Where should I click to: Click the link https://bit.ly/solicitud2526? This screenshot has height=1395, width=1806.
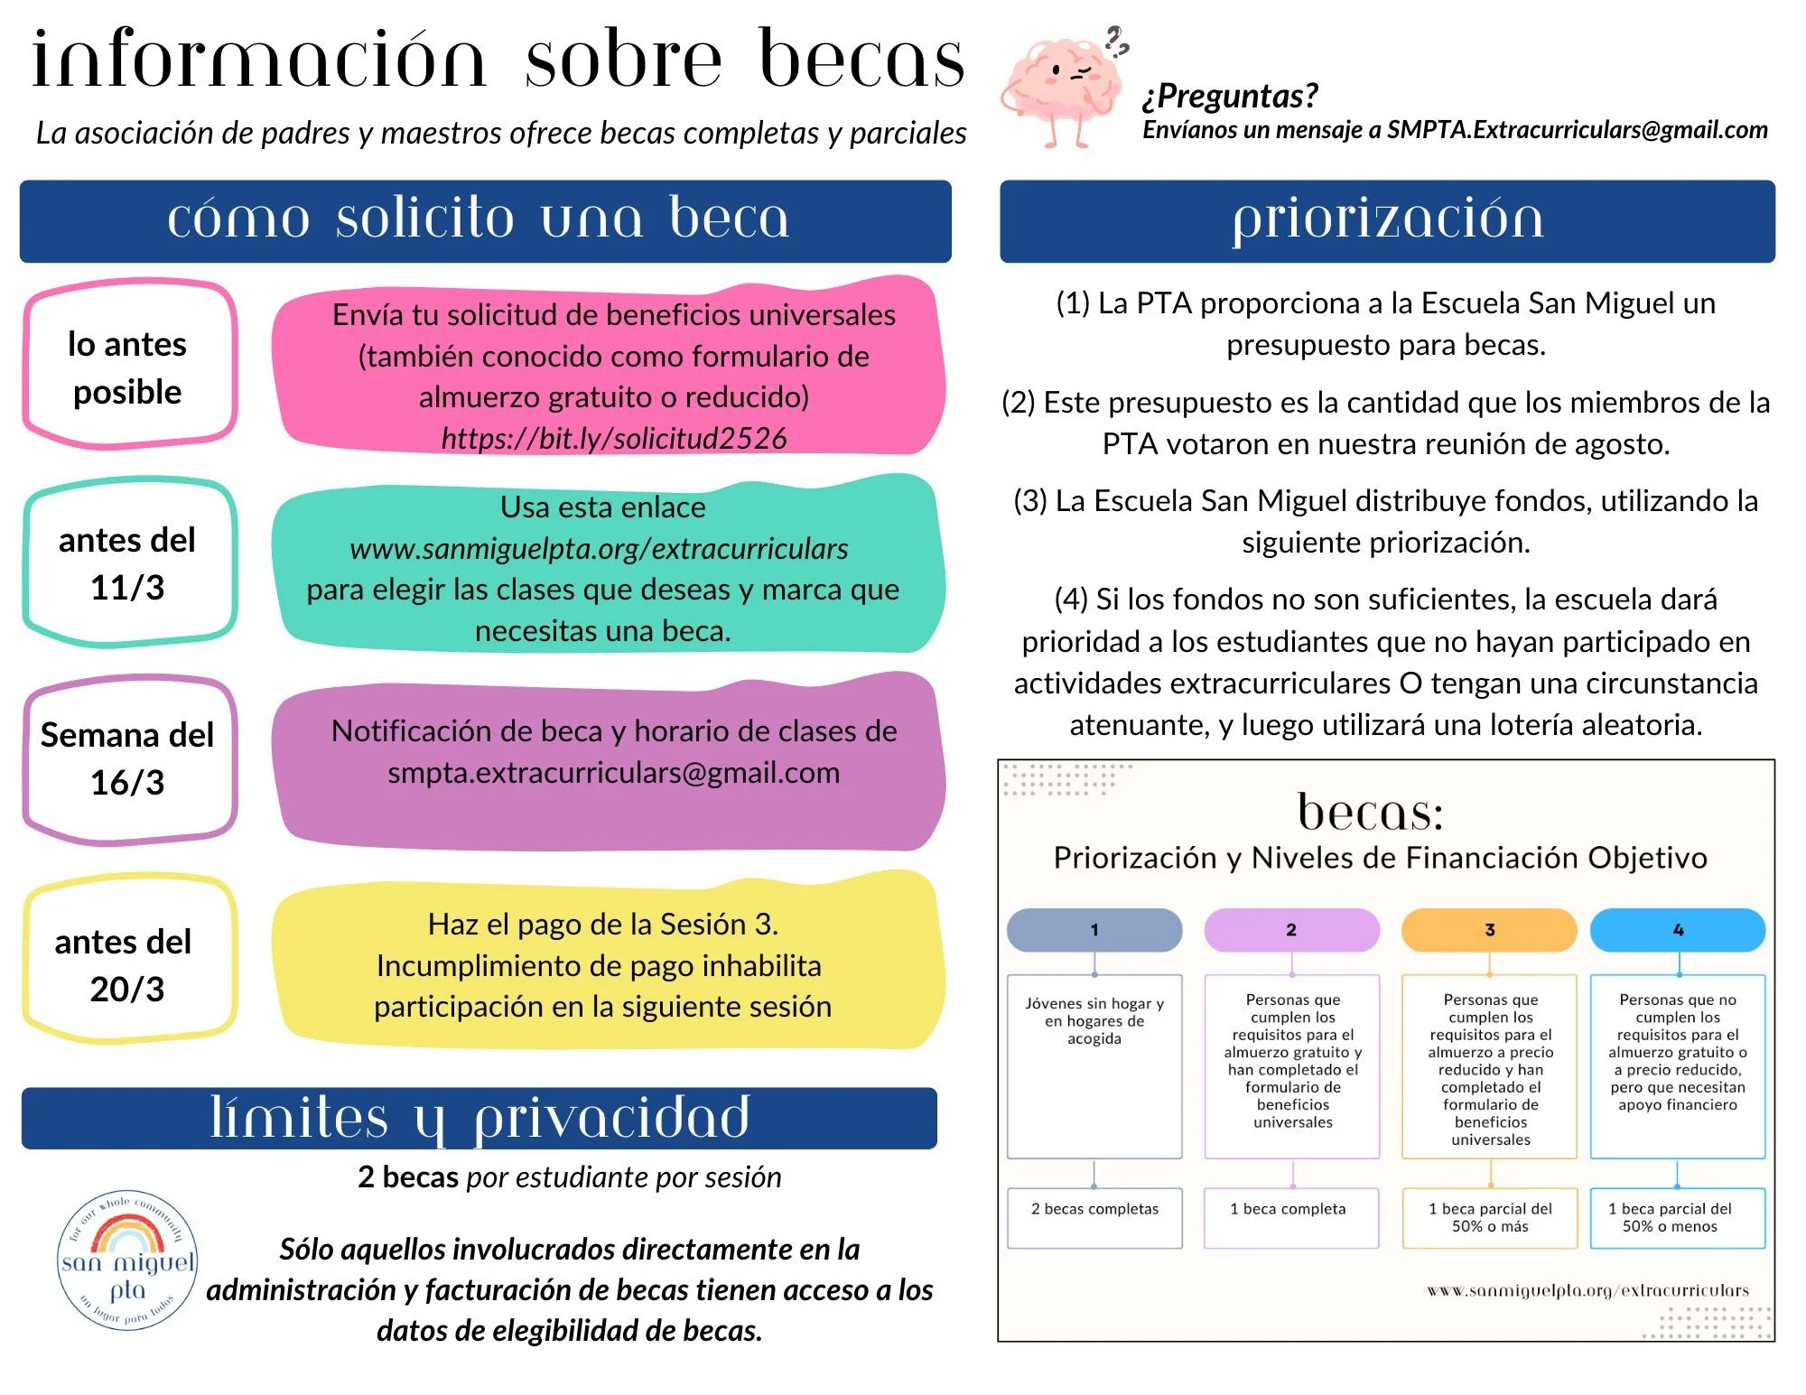point(614,439)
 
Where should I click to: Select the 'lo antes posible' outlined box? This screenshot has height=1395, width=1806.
point(128,367)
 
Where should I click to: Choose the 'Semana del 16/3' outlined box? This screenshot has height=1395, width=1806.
point(128,758)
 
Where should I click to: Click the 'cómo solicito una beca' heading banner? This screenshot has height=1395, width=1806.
point(485,221)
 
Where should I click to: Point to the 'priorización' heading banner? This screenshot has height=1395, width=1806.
point(1387,221)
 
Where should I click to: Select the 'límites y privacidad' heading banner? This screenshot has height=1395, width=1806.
point(479,1119)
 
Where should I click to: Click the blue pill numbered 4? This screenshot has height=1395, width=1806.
point(1677,930)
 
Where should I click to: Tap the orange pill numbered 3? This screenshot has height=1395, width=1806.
point(1489,930)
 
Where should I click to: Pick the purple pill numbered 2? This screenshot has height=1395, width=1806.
point(1291,930)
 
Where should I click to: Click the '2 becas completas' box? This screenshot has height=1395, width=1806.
point(1094,1217)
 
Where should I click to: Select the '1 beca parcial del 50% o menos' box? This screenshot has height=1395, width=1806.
point(1677,1217)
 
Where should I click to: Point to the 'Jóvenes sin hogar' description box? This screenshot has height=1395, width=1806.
point(1094,1065)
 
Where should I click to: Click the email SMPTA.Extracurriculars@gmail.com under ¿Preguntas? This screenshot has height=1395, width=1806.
point(1577,130)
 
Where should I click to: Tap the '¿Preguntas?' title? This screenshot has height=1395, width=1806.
point(1230,96)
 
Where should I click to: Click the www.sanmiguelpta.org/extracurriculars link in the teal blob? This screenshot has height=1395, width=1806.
point(599,549)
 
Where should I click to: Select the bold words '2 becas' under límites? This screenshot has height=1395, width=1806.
point(408,1177)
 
